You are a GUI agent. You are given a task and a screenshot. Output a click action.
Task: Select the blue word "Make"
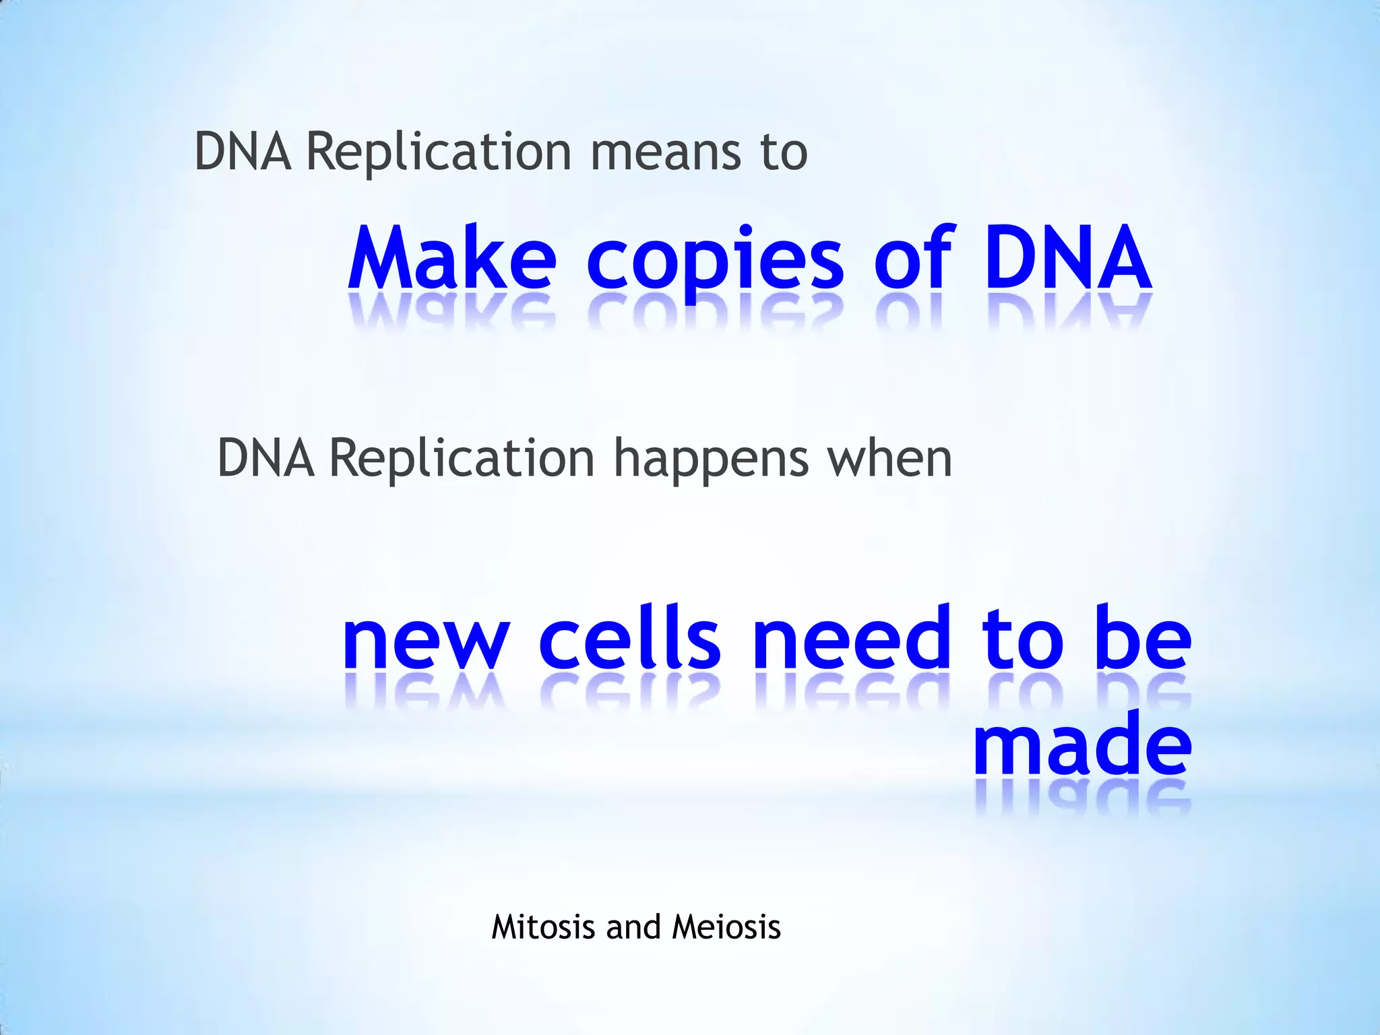click(452, 259)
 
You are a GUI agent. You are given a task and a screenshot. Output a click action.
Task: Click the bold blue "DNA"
click(1067, 259)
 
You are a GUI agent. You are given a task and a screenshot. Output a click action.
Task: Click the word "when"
click(889, 459)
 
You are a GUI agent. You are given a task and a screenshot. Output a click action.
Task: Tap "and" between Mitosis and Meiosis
click(633, 927)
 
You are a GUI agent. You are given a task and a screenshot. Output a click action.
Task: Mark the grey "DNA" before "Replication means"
click(243, 152)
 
